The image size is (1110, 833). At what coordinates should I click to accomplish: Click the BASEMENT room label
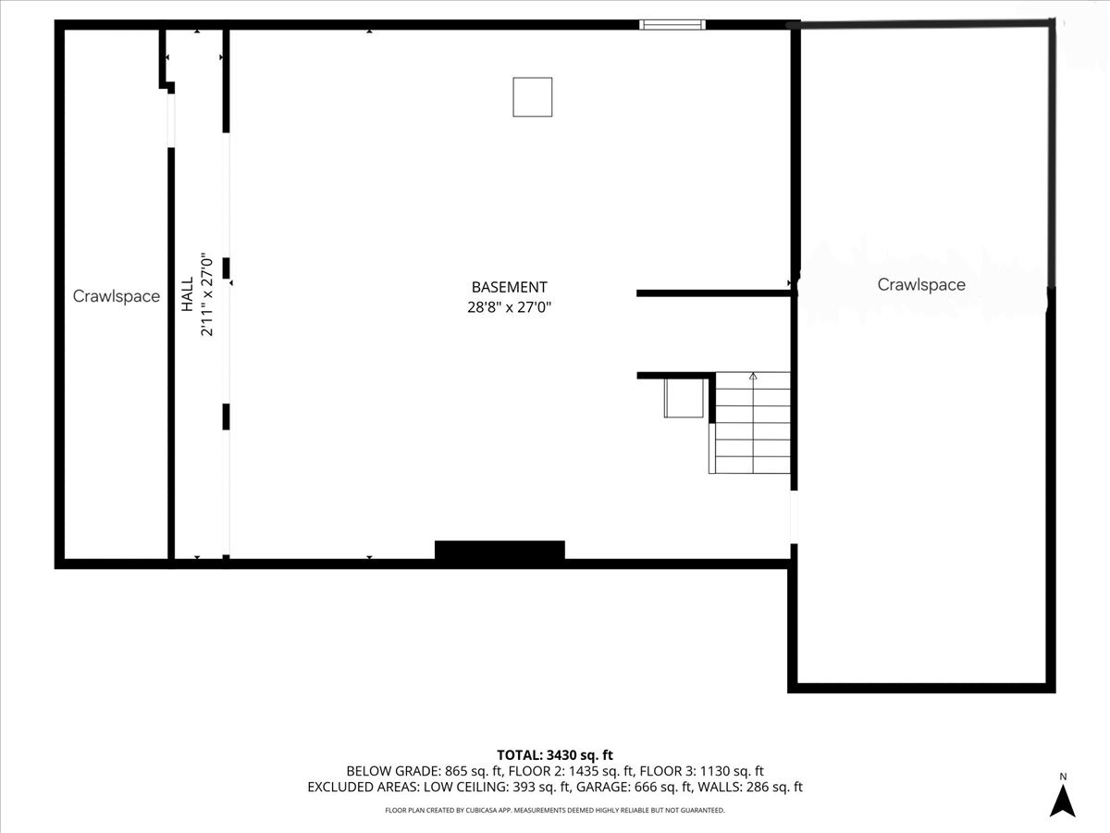point(509,287)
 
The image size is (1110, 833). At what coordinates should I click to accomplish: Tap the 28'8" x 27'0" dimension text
point(509,307)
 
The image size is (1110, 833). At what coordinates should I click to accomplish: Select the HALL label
point(188,294)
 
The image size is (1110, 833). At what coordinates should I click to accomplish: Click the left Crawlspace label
point(117,297)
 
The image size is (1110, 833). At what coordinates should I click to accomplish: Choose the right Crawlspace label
point(921,285)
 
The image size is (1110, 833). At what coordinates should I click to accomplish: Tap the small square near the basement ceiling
point(533,97)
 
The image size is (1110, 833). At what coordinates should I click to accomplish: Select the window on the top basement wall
point(672,24)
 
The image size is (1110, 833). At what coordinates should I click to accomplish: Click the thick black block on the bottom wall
point(499,551)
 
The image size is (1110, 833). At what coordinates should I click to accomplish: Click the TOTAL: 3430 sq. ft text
point(555,755)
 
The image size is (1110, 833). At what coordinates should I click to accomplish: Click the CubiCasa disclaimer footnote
point(555,810)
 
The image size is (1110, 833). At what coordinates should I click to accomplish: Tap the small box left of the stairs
point(683,398)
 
